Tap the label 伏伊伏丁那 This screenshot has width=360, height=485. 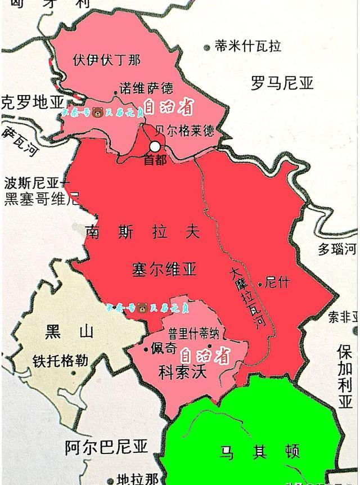click(x=107, y=59)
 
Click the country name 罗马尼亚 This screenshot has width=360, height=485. click(x=282, y=84)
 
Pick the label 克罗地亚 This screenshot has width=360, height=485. click(x=33, y=102)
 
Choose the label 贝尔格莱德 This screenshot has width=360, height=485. click(x=186, y=131)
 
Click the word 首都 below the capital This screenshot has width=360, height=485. click(x=155, y=160)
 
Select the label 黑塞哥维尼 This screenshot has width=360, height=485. click(x=42, y=198)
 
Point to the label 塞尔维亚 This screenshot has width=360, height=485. click(x=164, y=269)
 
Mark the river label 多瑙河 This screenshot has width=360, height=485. click(x=337, y=249)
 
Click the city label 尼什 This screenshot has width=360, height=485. click(x=277, y=282)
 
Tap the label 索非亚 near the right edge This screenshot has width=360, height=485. click(x=343, y=317)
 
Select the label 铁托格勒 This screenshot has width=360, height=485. click(x=60, y=361)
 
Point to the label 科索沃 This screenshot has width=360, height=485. click(x=183, y=372)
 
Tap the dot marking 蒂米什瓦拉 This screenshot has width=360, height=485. click(x=208, y=47)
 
